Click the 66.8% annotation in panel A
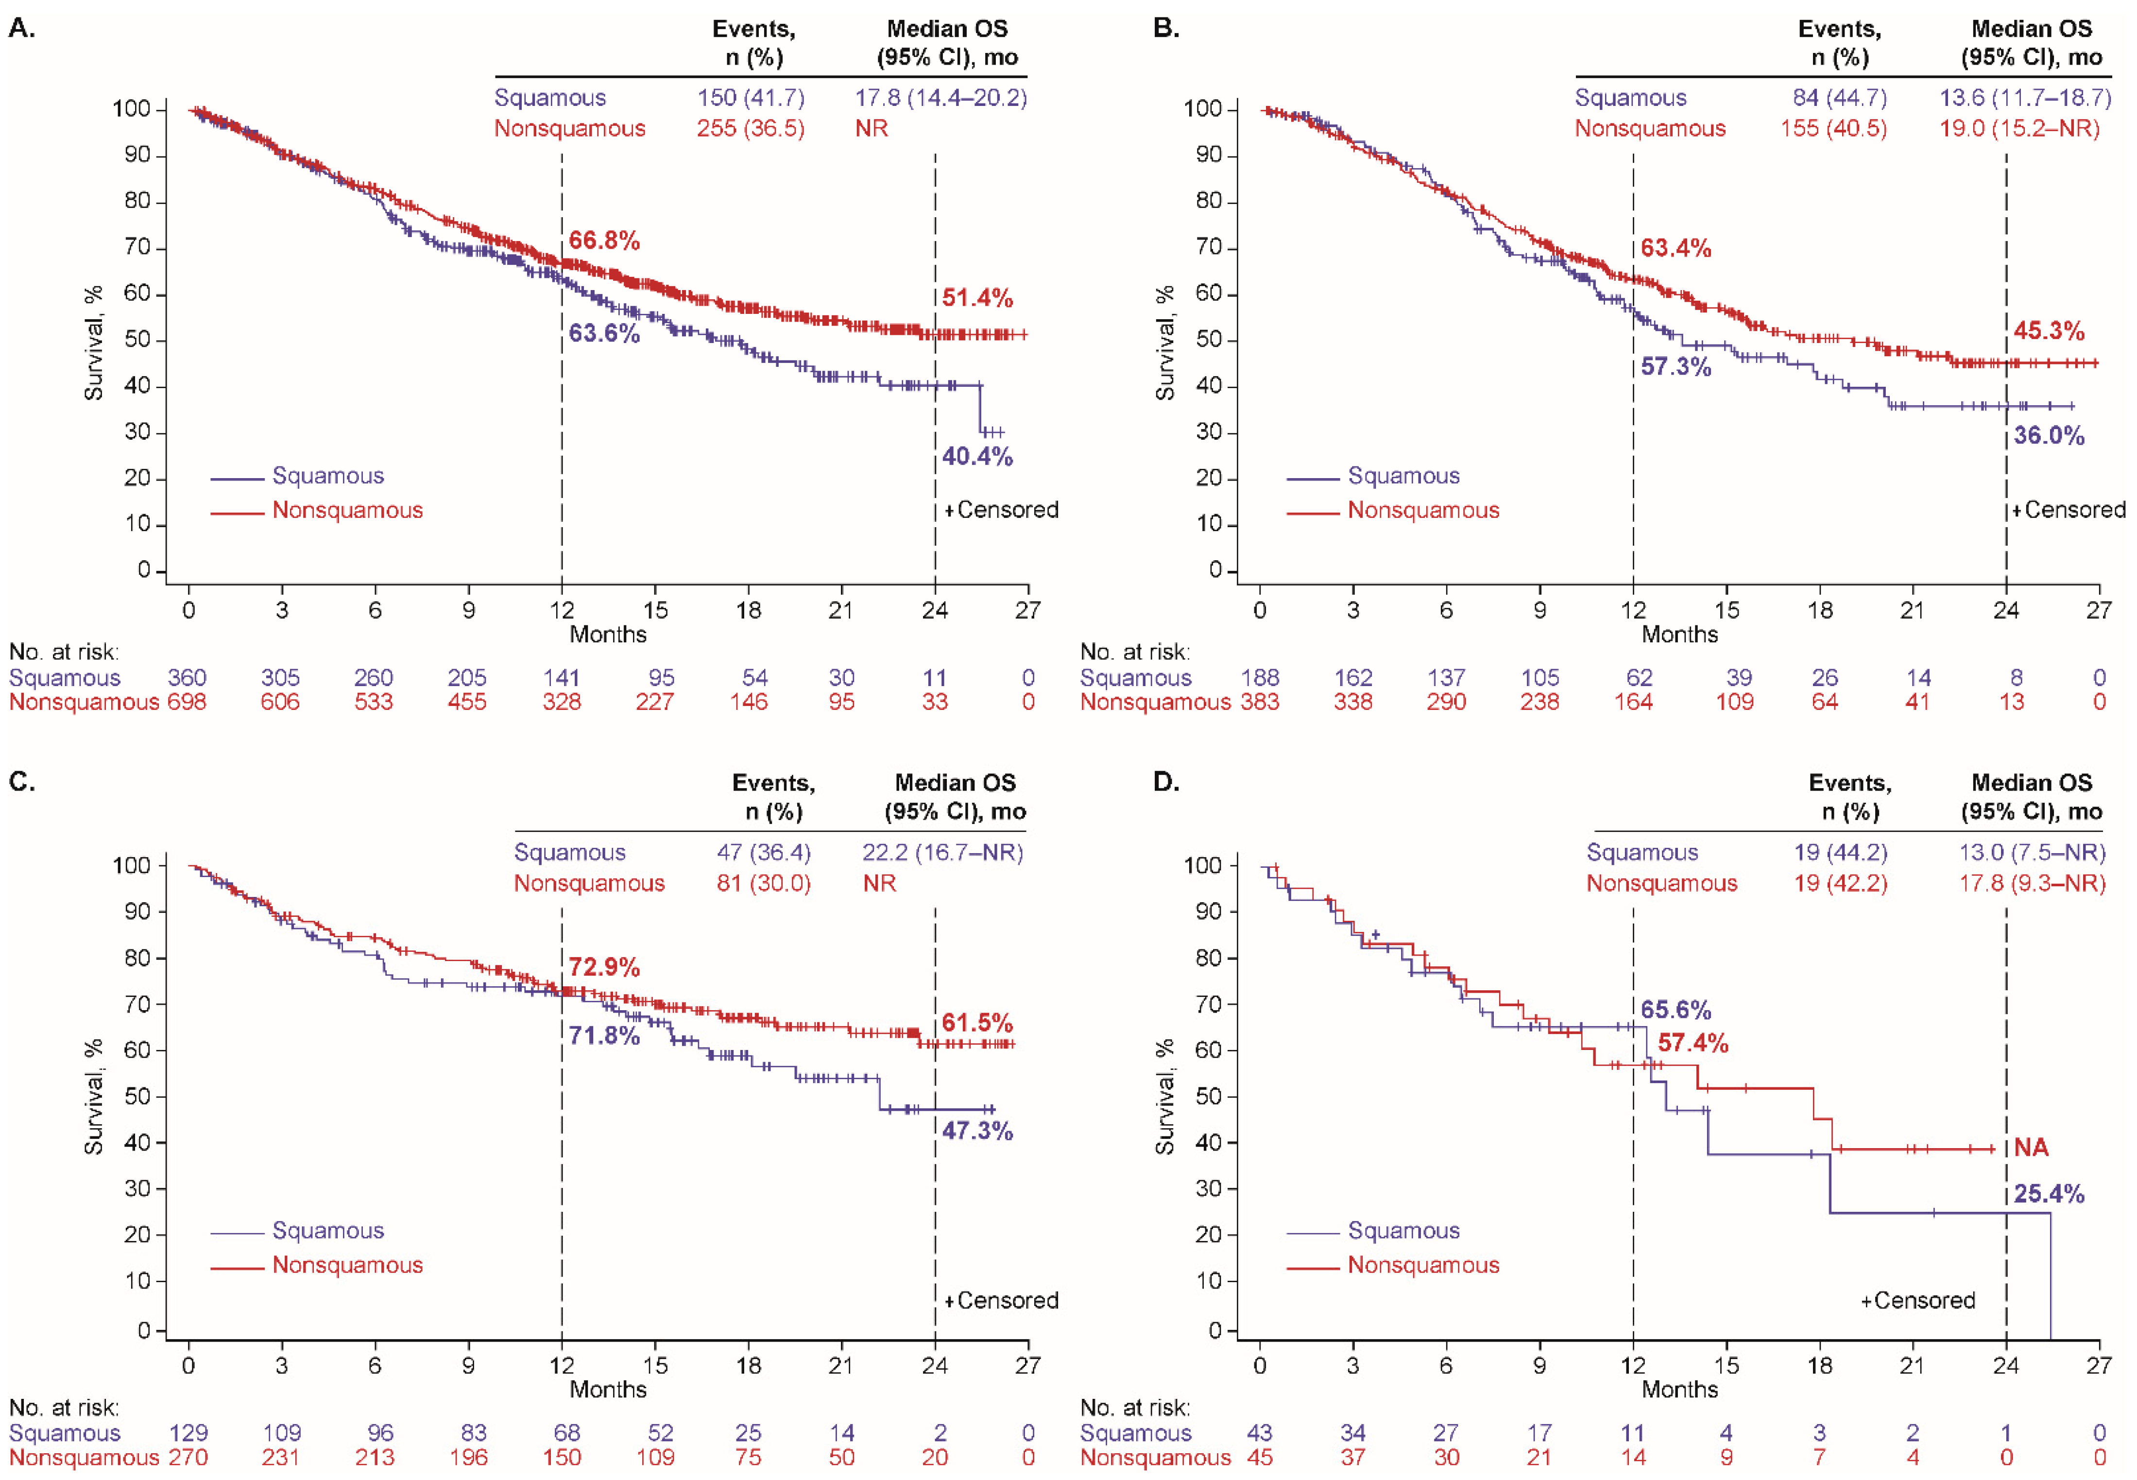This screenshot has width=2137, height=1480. pos(603,241)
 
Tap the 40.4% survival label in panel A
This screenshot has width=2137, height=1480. pos(977,456)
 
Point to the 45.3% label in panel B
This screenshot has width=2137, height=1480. pos(2048,331)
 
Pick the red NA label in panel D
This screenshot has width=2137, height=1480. pos(2031,1148)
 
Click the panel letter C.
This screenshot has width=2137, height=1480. pos(22,782)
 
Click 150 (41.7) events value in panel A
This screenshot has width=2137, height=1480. pos(751,97)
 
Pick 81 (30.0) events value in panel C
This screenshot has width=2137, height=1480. pos(763,883)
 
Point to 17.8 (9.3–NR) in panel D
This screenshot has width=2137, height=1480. pos(2031,883)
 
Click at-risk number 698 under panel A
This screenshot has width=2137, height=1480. pos(187,702)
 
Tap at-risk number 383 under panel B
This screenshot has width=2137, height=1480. pos(1259,702)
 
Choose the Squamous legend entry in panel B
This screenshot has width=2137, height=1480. pos(1402,476)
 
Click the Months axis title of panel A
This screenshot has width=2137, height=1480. pos(607,634)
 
